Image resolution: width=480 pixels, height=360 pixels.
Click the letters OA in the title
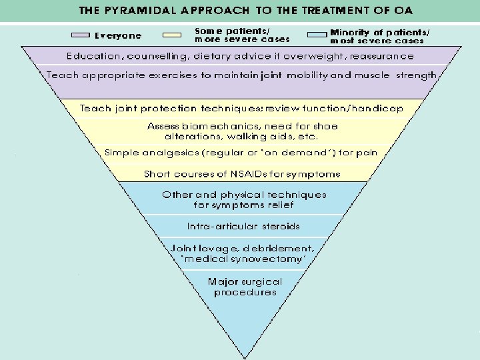403,10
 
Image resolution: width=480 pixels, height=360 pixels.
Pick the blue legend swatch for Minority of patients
317,35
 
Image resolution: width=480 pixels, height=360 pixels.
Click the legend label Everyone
118,36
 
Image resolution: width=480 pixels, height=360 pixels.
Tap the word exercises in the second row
173,75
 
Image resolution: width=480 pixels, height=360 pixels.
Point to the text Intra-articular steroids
243,226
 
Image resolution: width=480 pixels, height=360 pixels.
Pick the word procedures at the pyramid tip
245,292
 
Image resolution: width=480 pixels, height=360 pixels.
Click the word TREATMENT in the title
335,10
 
